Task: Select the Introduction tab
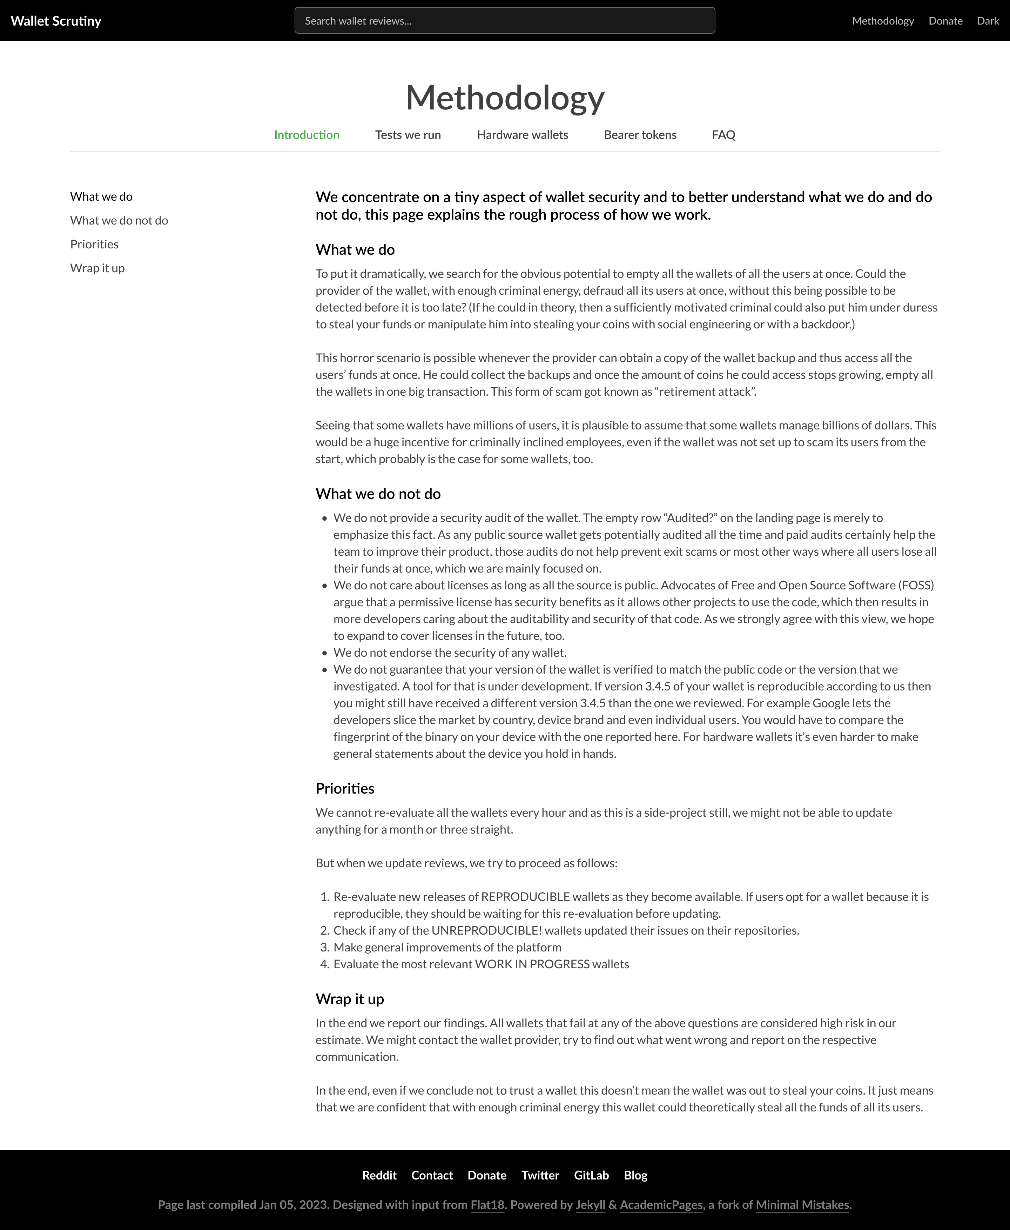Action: coord(307,134)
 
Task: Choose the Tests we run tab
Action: coord(408,134)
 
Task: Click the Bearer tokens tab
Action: coord(640,134)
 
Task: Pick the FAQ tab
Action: coord(723,134)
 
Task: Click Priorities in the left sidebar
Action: coord(94,244)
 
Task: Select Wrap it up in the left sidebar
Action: coord(97,268)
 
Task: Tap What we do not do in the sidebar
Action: coord(119,220)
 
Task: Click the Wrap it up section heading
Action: coord(350,999)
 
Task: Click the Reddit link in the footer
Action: coord(379,1175)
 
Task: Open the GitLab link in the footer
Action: coord(591,1175)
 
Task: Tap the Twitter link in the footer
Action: coord(540,1175)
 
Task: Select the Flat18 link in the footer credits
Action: coord(487,1204)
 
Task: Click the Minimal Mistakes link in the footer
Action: coord(802,1204)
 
